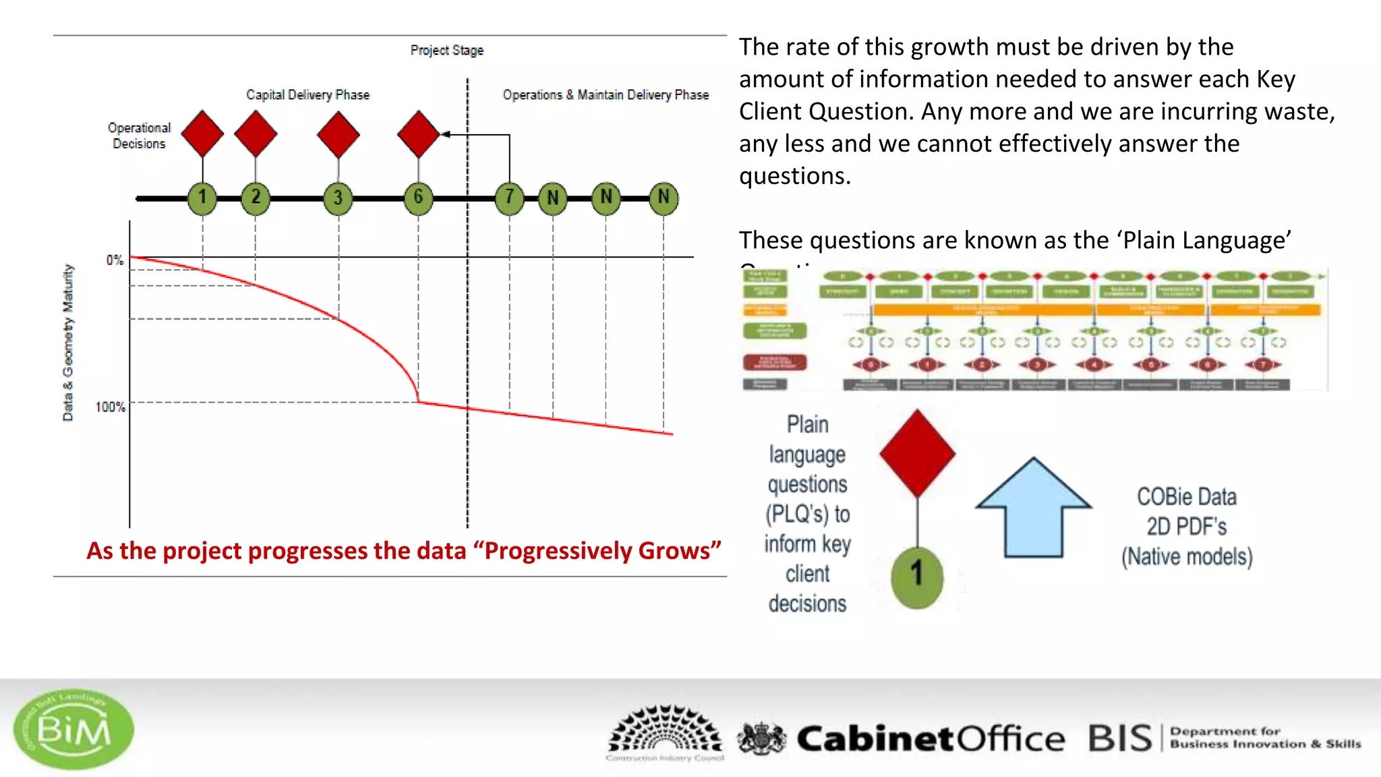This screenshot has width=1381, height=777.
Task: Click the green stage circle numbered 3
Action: [x=338, y=198]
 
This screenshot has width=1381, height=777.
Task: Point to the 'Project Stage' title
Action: [x=446, y=51]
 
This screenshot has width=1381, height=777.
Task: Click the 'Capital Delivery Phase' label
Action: [x=307, y=95]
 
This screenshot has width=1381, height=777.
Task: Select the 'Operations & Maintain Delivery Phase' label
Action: [x=606, y=95]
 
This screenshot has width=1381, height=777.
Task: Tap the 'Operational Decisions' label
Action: [x=139, y=136]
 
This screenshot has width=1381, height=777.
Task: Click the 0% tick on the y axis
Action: [x=115, y=260]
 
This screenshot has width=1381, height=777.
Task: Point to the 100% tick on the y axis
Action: [x=110, y=407]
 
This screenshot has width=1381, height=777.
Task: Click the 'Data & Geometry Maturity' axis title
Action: [x=68, y=343]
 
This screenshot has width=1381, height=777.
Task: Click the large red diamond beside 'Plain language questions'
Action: [x=917, y=453]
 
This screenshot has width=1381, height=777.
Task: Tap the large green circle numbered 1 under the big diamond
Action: [x=917, y=577]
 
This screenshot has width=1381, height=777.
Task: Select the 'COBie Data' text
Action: [x=1186, y=497]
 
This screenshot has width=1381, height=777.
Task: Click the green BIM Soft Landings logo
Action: [x=74, y=729]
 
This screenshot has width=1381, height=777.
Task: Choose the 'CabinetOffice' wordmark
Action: [x=931, y=739]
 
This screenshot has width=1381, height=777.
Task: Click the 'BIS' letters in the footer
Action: [x=1120, y=739]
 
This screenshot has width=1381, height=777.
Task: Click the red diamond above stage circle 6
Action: [x=418, y=134]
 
